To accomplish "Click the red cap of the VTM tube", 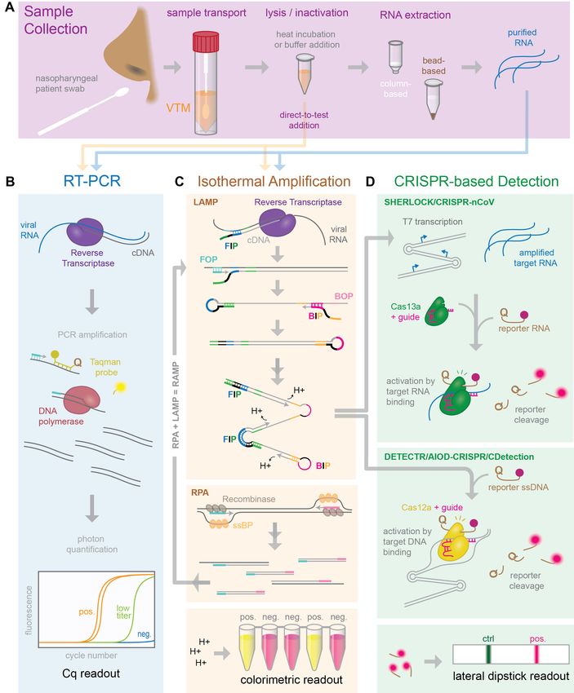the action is (x=207, y=42).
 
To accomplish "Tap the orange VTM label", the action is (x=178, y=108).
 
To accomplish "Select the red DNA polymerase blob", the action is (x=82, y=399).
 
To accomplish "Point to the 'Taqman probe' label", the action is (x=105, y=367).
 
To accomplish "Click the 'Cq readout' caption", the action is (x=91, y=673).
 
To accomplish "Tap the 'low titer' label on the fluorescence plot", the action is (x=123, y=611).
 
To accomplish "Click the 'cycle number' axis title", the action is (x=91, y=655).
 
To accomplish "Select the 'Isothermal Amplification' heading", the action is (x=274, y=181).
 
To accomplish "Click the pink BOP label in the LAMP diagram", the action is (x=344, y=296).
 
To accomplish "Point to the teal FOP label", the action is (x=208, y=259).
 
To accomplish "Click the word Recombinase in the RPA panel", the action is (x=249, y=499).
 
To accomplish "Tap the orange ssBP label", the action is (x=243, y=525).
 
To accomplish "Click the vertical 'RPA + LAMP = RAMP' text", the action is (x=176, y=405).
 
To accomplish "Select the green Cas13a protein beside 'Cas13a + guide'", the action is (x=436, y=311).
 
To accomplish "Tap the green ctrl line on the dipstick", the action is (x=488, y=654).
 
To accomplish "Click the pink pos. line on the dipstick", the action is (x=536, y=654).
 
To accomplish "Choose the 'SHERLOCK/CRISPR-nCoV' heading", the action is (x=439, y=202).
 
